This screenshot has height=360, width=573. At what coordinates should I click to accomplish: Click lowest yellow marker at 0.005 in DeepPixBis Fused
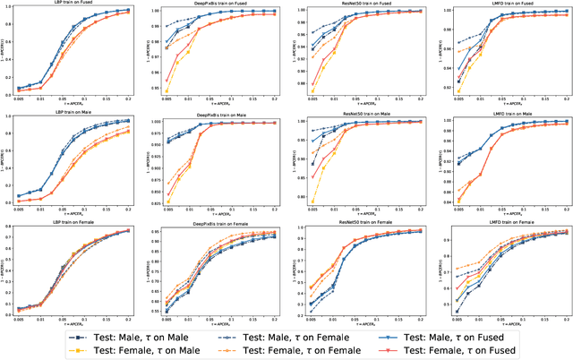[167, 90]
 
